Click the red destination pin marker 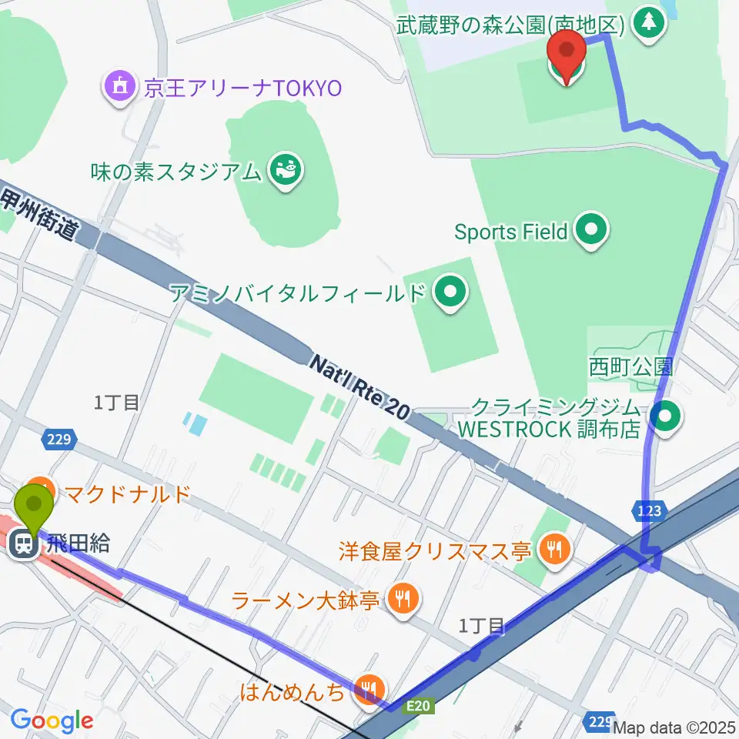(x=567, y=60)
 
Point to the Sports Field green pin (x=591, y=231)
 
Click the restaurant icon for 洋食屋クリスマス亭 (x=553, y=550)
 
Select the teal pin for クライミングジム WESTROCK (x=665, y=418)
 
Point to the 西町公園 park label (x=631, y=366)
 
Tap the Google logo (x=52, y=721)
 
